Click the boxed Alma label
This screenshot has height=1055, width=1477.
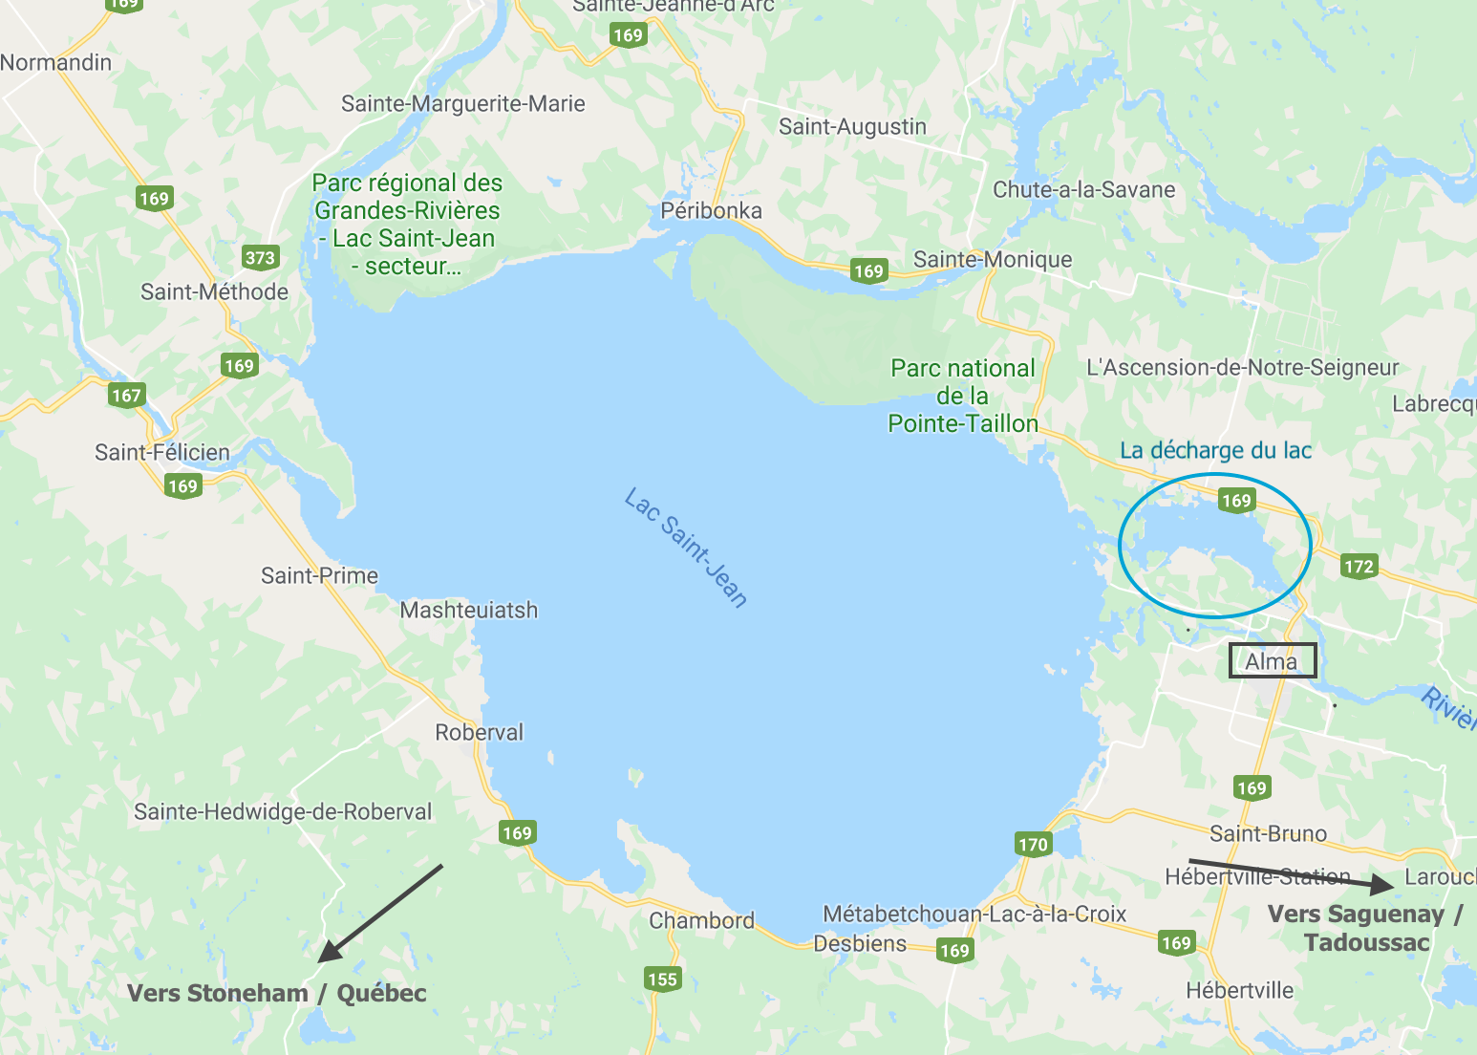point(1272,661)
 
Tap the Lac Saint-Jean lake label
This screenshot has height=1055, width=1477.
point(686,549)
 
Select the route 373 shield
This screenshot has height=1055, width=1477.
point(260,257)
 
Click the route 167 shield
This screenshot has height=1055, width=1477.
point(126,395)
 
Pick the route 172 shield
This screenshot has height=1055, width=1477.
point(1359,566)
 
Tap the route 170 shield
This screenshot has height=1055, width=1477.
point(1033,844)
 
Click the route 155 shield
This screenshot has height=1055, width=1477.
point(662,979)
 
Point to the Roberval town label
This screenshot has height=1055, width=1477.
point(479,733)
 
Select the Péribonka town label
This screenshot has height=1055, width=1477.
point(711,211)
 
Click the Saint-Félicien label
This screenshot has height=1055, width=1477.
point(162,452)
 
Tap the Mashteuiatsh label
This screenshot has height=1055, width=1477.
point(468,610)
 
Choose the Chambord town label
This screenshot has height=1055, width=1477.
point(701,921)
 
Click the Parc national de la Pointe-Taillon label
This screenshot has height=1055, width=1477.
point(962,396)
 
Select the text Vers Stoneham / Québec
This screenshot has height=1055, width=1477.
point(277,993)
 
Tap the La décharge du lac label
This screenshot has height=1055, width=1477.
point(1215,450)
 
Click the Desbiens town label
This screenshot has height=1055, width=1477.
point(860,944)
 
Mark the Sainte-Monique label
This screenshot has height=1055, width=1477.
point(993,260)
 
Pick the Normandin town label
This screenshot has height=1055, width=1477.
point(56,63)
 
